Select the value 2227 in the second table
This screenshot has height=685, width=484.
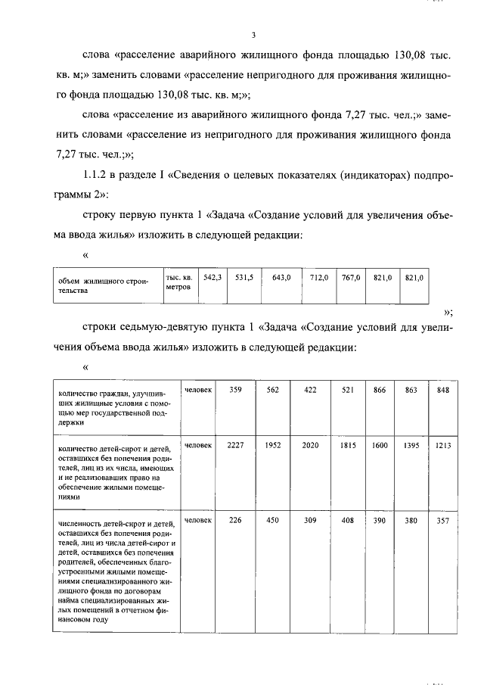click(236, 446)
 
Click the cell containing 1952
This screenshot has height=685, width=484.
click(273, 446)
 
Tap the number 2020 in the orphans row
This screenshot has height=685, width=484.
click(310, 446)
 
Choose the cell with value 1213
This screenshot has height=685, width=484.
click(443, 446)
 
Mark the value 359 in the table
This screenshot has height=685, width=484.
click(236, 390)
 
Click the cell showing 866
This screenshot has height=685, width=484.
click(380, 390)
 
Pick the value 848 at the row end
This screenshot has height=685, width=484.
click(443, 390)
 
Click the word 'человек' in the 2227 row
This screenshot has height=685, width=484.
click(198, 446)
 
